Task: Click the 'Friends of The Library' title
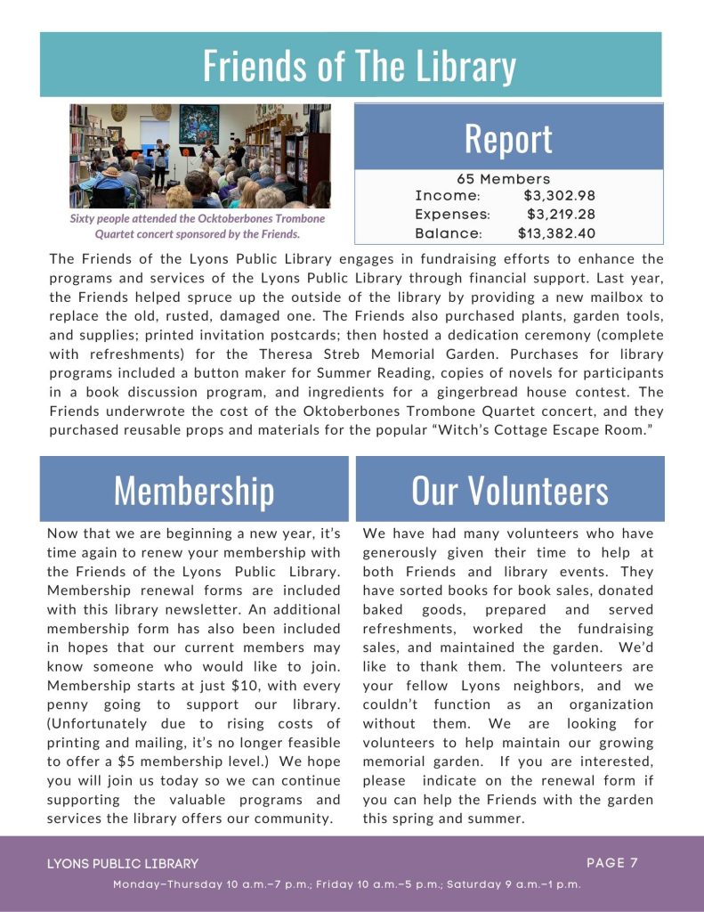click(359, 66)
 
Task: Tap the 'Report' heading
click(508, 138)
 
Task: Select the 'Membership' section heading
click(194, 490)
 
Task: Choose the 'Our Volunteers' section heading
click(510, 490)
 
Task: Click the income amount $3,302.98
click(559, 196)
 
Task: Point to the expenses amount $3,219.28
click(561, 215)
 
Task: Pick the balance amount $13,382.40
click(556, 233)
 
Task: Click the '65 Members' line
click(504, 179)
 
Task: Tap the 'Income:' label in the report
click(448, 196)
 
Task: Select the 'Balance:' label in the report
click(449, 233)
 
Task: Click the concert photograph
click(200, 156)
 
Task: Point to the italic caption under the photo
click(198, 226)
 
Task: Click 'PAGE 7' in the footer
click(612, 862)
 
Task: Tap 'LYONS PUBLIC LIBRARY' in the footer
click(123, 863)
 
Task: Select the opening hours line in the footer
click(347, 884)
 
